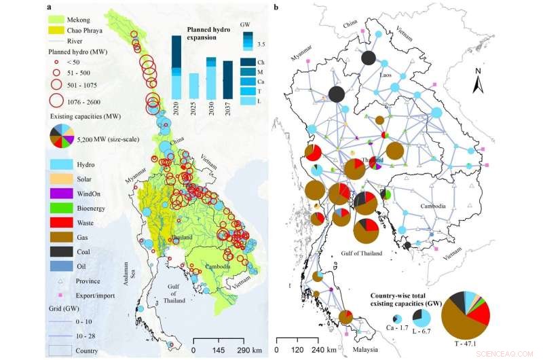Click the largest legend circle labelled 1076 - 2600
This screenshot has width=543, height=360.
58,103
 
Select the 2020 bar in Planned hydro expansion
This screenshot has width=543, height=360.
176,75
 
